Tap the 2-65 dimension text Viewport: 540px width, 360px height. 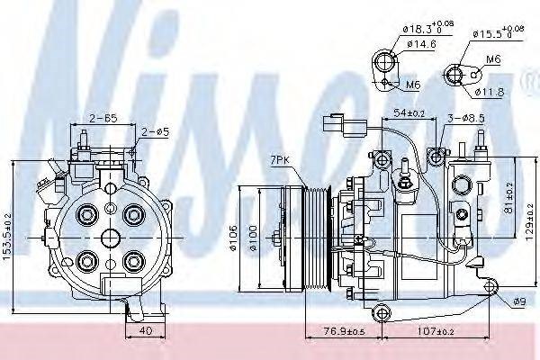[x=105, y=118]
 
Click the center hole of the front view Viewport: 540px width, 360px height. [x=111, y=237]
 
